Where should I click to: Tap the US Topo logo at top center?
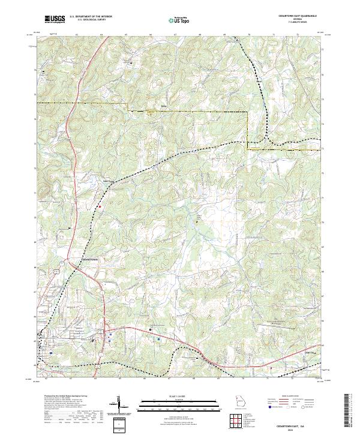180,20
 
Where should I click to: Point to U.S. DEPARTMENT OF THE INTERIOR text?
91,17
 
